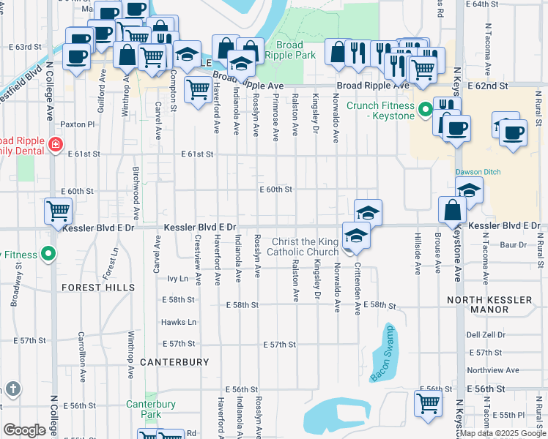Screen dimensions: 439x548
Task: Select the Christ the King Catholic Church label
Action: [x=303, y=247]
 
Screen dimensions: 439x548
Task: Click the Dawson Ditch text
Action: [x=476, y=173]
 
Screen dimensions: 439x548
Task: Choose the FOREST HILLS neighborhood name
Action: [x=97, y=288]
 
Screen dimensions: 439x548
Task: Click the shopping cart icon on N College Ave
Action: [x=58, y=211]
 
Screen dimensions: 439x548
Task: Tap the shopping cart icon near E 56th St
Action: [x=429, y=402]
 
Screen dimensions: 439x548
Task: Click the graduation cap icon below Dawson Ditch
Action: [x=469, y=190]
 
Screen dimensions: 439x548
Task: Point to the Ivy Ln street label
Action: [x=178, y=279]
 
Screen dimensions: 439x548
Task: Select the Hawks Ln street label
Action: [x=179, y=322]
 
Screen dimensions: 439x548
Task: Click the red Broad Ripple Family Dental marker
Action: [x=54, y=145]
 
